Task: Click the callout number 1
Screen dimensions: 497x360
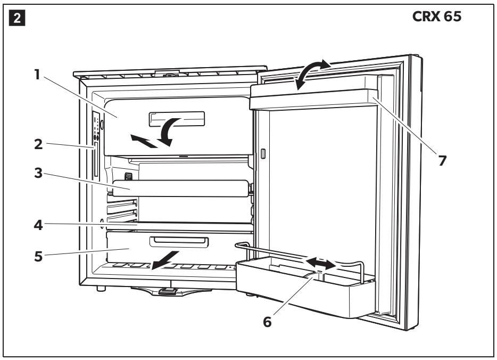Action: point(37,75)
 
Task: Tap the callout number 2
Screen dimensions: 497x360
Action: point(38,145)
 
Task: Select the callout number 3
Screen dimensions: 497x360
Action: point(38,173)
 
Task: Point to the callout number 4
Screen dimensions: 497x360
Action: point(38,225)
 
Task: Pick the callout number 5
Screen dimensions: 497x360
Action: point(38,256)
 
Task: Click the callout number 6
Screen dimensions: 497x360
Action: point(267,322)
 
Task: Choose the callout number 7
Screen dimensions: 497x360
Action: point(442,160)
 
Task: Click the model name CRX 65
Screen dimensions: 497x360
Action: point(437,17)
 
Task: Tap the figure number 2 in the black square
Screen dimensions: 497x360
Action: point(17,18)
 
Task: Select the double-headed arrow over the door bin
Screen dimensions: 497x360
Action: point(320,264)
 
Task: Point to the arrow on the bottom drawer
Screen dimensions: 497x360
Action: point(165,260)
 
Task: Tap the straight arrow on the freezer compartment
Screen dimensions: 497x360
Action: point(144,141)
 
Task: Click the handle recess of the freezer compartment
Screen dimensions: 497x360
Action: point(177,119)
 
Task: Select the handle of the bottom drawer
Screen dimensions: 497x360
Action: point(179,242)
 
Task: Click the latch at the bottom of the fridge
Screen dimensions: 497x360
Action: point(168,291)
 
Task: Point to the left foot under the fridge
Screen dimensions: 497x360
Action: point(101,288)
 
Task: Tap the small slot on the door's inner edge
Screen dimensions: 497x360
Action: point(263,153)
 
